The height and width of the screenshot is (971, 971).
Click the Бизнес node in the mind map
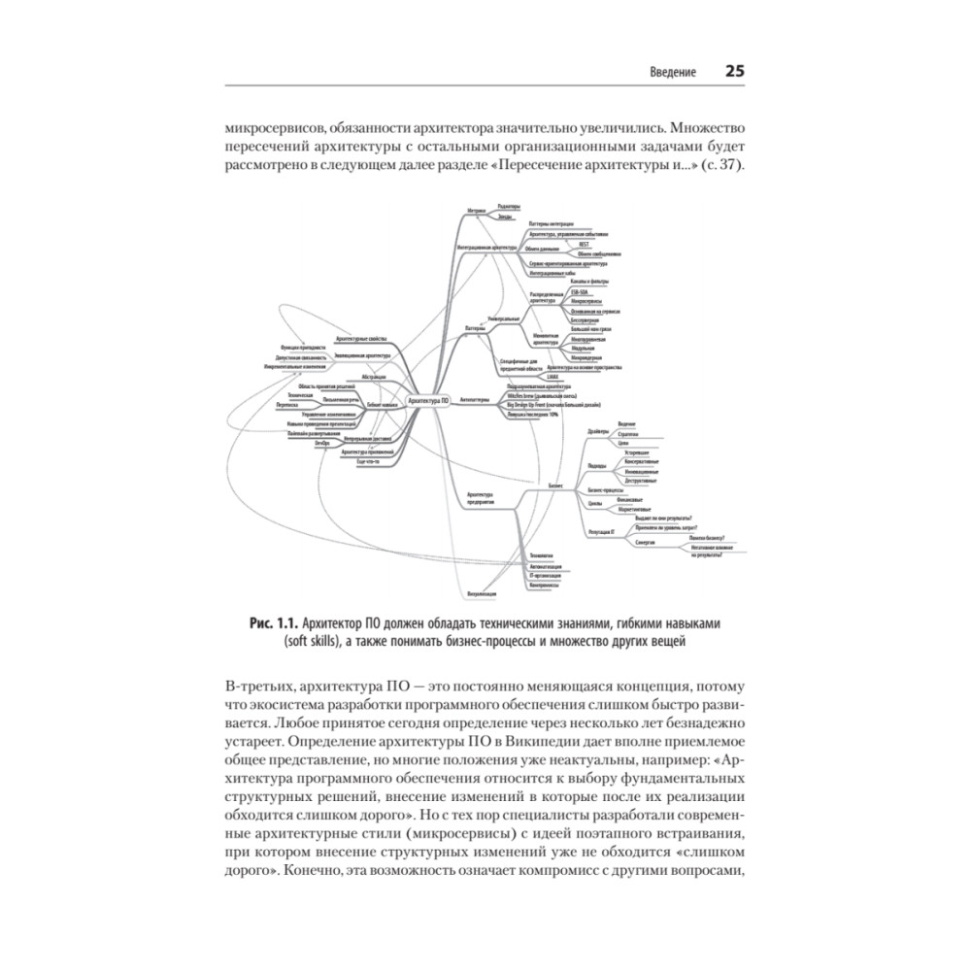click(x=556, y=484)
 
